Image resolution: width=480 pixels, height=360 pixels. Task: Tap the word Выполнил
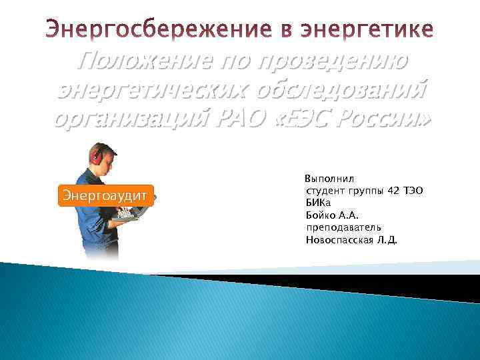pyautogui.click(x=329, y=179)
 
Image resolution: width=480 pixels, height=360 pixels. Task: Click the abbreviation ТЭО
pyautogui.click(x=413, y=191)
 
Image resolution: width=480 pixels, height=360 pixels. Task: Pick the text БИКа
pyautogui.click(x=318, y=203)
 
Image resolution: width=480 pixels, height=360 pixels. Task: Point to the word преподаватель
pyautogui.click(x=343, y=227)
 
